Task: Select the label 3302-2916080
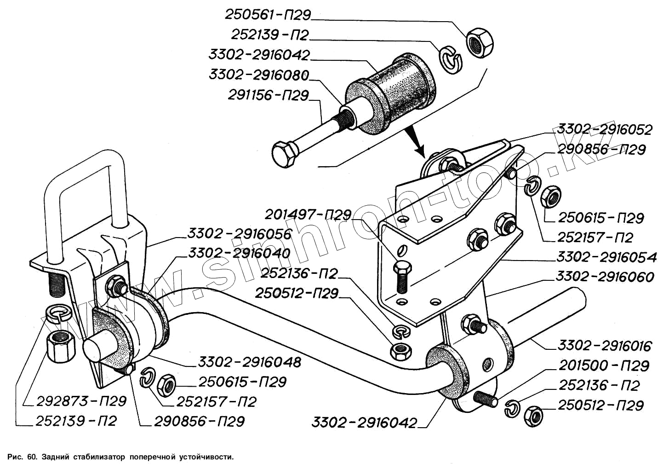pos(259,75)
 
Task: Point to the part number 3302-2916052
pos(604,130)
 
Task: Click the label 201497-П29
pos(308,215)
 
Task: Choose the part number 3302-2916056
pos(239,234)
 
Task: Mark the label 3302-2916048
pos(250,362)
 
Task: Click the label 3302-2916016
pos(604,346)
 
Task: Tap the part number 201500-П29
pos(604,366)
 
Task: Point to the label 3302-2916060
pos(604,277)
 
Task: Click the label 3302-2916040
pos(239,254)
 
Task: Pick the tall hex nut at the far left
pos(58,346)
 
